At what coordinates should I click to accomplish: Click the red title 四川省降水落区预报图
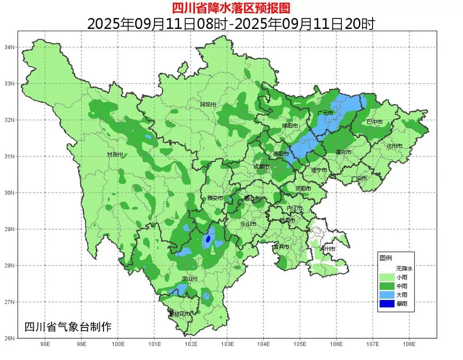pos(231,8)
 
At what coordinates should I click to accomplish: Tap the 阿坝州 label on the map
pos(208,105)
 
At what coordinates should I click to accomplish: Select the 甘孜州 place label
pos(114,154)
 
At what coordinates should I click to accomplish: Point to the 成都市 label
pos(261,167)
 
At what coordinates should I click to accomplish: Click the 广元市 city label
pos(325,113)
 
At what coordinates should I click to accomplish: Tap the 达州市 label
pos(394,146)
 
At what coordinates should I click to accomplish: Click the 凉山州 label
pos(190,279)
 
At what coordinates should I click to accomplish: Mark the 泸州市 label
pos(327,249)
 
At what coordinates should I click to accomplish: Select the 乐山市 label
pos(248,224)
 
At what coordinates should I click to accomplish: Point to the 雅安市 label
pos(215,198)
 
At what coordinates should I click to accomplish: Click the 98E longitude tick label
pos(45,345)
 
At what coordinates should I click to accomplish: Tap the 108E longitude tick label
pos(409,345)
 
